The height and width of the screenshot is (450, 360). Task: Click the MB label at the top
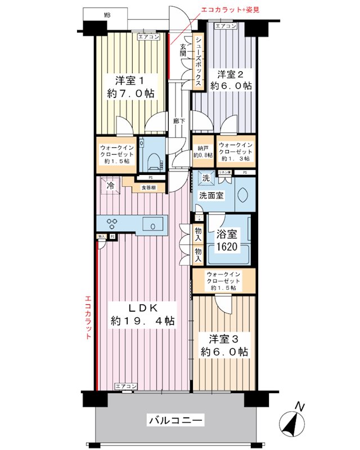pyautogui.click(x=106, y=15)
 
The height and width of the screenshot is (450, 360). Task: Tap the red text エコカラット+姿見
pyautogui.click(x=231, y=10)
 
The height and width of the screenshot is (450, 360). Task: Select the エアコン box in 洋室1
pyautogui.click(x=149, y=37)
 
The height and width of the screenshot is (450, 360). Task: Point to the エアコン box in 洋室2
pyautogui.click(x=226, y=26)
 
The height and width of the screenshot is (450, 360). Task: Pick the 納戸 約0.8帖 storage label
pyautogui.click(x=202, y=151)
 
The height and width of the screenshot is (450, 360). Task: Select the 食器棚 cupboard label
pyautogui.click(x=148, y=187)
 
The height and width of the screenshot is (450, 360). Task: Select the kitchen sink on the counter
pyautogui.click(x=152, y=225)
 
